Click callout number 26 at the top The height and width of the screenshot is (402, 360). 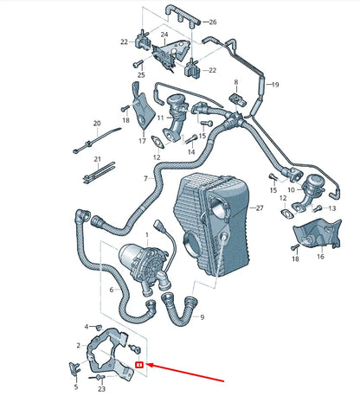[x=214, y=21]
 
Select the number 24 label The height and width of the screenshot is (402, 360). [x=164, y=35]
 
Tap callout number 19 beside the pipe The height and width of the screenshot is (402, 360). [x=275, y=85]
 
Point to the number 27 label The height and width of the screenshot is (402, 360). [x=258, y=208]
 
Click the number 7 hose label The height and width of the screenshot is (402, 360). [x=145, y=179]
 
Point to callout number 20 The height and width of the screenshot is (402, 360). [x=97, y=123]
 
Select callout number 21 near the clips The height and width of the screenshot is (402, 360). [x=98, y=159]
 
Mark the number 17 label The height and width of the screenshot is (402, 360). [x=142, y=140]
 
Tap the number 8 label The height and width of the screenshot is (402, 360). [x=234, y=82]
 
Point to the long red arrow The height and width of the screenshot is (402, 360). [x=187, y=373]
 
